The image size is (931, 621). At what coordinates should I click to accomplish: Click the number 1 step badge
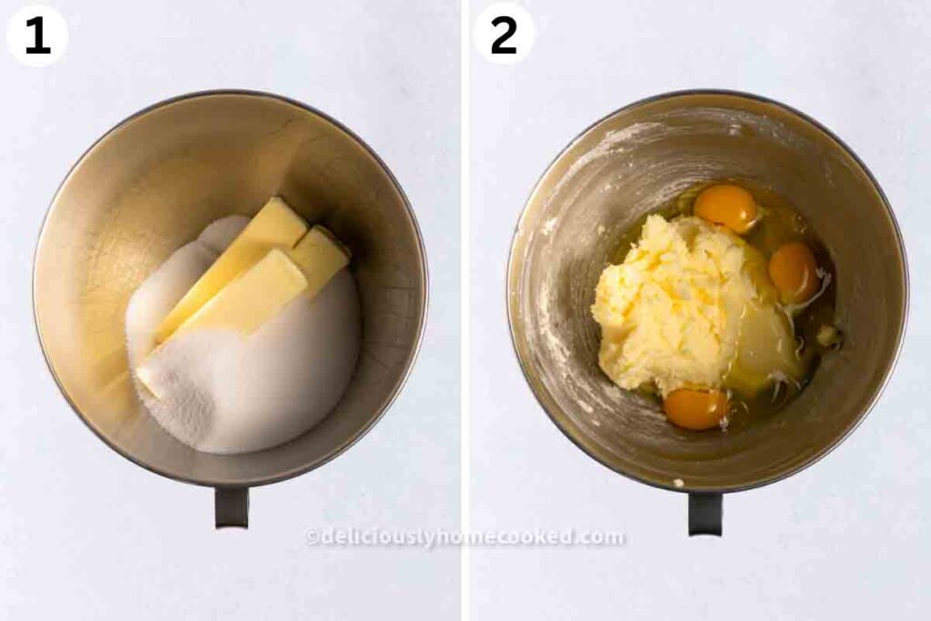(x=36, y=35)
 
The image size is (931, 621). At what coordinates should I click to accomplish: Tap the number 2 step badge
(x=504, y=34)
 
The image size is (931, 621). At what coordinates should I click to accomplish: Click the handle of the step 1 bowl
(x=232, y=506)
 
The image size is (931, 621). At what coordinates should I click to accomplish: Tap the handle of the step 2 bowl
(x=706, y=513)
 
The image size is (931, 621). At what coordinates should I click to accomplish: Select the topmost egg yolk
(x=726, y=208)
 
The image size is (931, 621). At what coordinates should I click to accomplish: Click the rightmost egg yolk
(x=794, y=272)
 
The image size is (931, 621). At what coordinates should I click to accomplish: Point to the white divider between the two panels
(x=465, y=311)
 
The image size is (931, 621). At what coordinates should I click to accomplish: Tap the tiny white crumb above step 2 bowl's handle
(x=678, y=483)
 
